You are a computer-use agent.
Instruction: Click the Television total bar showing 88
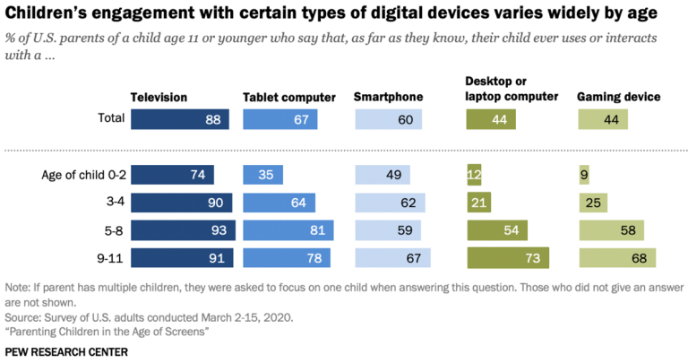coord(180,120)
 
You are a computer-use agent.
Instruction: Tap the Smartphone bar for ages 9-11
coord(392,258)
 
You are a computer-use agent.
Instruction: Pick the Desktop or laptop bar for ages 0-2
coord(473,176)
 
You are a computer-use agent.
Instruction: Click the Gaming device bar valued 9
coord(584,176)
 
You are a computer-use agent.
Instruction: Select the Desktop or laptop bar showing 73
coord(507,258)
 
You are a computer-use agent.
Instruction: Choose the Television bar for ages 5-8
coord(183,230)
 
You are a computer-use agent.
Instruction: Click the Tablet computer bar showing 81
coord(288,230)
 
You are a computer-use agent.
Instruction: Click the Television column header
coord(159,97)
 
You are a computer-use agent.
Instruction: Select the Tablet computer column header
coord(288,97)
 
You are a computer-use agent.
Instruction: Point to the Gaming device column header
coord(619,97)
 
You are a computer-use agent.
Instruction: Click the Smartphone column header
coord(387,97)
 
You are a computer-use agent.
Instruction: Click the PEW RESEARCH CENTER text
coord(66,351)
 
